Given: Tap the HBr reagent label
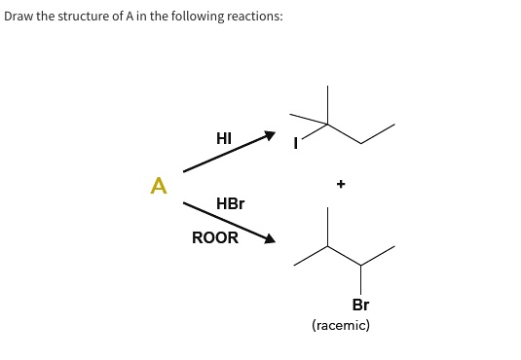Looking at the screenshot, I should pyautogui.click(x=230, y=204).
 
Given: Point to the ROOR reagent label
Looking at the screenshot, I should pyautogui.click(x=214, y=237).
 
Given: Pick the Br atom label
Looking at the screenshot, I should pyautogui.click(x=360, y=305).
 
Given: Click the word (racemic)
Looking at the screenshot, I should pyautogui.click(x=341, y=326).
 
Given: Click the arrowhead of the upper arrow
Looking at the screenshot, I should pyautogui.click(x=271, y=137).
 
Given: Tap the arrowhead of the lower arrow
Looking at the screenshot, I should pyautogui.click(x=270, y=238).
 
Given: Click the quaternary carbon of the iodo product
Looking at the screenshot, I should pyautogui.click(x=328, y=124).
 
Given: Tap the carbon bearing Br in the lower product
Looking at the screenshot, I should pyautogui.click(x=361, y=266).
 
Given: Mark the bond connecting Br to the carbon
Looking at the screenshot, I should pyautogui.click(x=361, y=280).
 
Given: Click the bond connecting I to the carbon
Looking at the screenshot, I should pyautogui.click(x=314, y=133).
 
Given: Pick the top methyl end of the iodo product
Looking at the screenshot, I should pyautogui.click(x=328, y=88).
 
